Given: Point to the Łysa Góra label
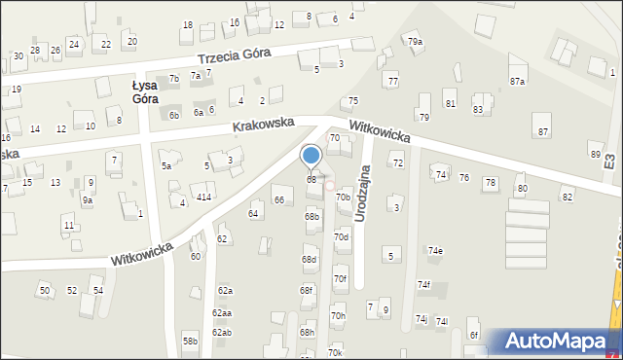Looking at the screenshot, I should pos(145,91).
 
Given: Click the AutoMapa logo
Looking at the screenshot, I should pos(560,342).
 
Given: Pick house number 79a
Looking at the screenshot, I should pos(415,42).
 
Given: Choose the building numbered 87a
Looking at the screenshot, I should pos(517,82).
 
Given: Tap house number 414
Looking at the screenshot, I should pos(203,198).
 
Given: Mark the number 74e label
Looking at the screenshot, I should pos(435,251).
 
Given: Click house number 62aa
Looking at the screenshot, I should pos(222,313).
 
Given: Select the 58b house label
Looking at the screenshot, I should pos(190,341).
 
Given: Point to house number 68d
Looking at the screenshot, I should pos(310,260).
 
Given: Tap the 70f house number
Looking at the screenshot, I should pos(340,279).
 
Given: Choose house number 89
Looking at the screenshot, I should pos(595,155).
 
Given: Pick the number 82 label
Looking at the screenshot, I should pos(567,198).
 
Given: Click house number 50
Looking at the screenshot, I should pos(44,291).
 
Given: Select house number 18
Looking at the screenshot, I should pos(188,25).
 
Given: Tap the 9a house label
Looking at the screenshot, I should pos(87,200).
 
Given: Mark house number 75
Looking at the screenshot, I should pos(353,101).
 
